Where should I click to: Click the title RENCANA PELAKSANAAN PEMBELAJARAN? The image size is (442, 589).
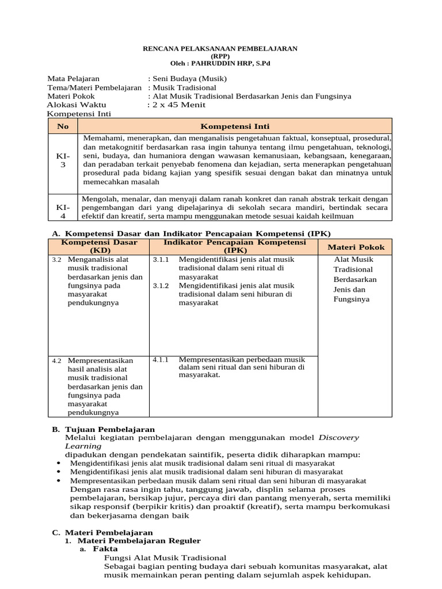pos(220,49)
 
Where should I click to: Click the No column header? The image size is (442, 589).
pos(62,126)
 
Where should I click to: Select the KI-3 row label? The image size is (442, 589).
pos(62,160)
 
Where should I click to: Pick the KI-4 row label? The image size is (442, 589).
pos(62,211)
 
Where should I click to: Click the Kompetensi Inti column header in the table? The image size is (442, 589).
pos(234,126)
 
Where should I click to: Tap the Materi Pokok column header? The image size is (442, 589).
pos(356,247)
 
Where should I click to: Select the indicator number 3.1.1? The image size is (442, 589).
pos(161,259)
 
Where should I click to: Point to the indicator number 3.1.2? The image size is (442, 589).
pos(161,285)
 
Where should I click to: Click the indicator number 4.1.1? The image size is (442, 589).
pos(161,359)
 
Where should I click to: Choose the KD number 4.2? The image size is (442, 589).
pos(56,361)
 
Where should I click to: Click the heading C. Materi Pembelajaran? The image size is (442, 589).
pos(102,533)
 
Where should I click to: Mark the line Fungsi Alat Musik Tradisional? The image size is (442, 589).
pos(165,557)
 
